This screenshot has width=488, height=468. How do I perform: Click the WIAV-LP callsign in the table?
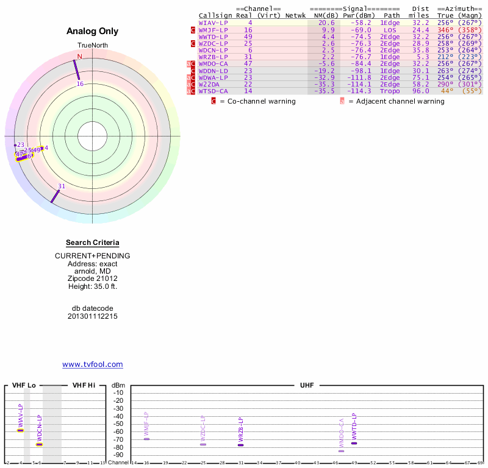point(213,23)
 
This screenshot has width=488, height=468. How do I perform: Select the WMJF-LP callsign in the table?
point(213,29)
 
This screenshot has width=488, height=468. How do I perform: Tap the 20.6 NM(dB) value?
point(328,23)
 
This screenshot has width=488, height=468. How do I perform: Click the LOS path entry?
point(390,29)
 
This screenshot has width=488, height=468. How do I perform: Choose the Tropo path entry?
point(390,91)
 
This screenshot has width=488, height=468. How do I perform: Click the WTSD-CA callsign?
point(213,91)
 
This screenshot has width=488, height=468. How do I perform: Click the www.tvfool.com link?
point(93,364)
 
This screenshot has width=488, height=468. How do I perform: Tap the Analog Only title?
point(93,31)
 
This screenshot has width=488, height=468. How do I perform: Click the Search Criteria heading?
point(93,243)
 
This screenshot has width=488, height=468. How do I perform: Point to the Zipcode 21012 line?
point(93,278)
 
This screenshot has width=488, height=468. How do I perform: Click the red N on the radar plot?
point(79,57)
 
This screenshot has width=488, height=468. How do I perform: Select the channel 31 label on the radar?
point(62,186)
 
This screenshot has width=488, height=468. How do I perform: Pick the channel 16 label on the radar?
point(80,84)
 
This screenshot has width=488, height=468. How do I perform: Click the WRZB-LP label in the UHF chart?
point(241,430)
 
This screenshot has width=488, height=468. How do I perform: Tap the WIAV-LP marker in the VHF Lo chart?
point(20,430)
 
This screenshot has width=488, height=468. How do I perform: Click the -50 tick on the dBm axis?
point(118,424)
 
